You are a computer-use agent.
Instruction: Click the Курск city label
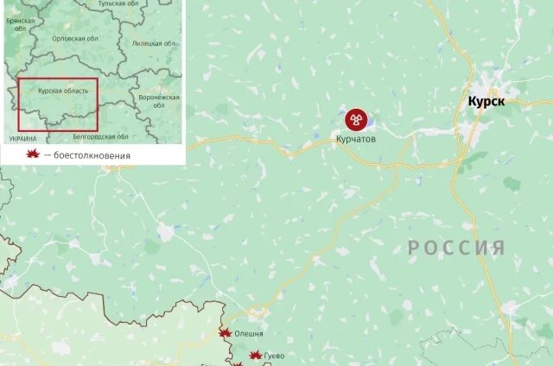coord(486,101)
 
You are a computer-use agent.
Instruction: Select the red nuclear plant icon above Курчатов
coord(355,119)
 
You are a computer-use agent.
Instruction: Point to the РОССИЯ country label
coord(456,249)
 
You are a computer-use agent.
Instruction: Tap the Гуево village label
coord(275,356)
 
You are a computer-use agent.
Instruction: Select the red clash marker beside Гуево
coord(255,355)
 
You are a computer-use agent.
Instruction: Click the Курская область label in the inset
coord(62,90)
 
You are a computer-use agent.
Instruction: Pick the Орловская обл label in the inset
coord(74,39)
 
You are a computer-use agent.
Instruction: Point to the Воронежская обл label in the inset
coord(159,102)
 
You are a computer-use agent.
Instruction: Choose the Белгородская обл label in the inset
coord(100,136)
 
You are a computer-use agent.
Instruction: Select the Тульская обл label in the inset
coord(118,4)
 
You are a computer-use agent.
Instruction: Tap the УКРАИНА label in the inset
coord(22,138)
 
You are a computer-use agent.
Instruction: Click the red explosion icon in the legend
coord(33,155)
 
